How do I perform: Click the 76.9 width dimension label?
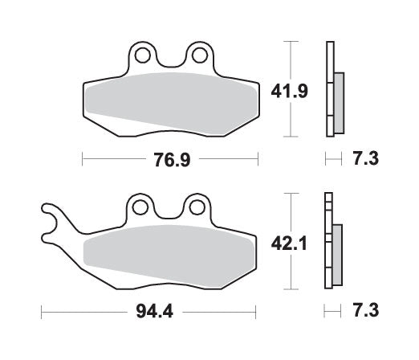click(x=171, y=159)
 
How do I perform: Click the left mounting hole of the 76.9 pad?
click(x=144, y=56)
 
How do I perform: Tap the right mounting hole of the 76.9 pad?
click(x=197, y=56)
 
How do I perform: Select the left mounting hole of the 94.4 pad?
click(x=140, y=208)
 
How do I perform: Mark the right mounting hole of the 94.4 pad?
click(x=193, y=208)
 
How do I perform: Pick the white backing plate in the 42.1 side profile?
click(x=327, y=241)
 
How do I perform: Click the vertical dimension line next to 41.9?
click(x=290, y=88)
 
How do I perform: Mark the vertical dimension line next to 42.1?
click(x=290, y=242)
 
